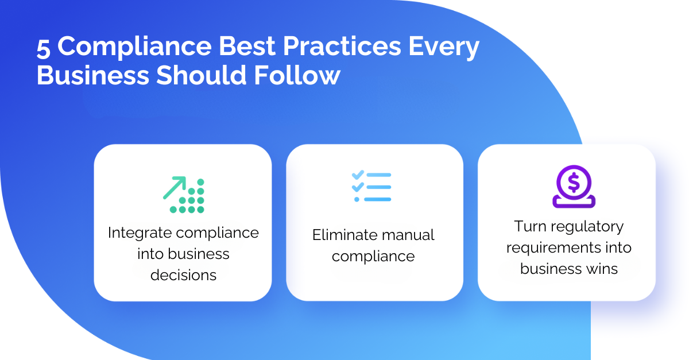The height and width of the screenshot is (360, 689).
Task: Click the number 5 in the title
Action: coord(44,48)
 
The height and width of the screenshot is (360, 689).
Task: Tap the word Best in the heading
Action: coord(247,46)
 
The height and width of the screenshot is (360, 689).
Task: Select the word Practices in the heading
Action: coord(342,46)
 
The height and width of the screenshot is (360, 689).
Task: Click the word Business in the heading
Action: coord(93,75)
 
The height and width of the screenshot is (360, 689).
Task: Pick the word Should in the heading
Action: coord(202,75)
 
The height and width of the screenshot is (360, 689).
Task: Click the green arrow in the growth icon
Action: coord(175,187)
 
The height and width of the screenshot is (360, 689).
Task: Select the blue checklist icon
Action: coord(371,187)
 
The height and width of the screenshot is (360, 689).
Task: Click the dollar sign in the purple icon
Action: coord(574,183)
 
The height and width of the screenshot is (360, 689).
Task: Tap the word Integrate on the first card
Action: coord(140,233)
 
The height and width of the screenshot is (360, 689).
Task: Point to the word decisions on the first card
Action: coord(183,275)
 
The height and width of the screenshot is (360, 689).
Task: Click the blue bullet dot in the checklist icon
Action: coord(357,199)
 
